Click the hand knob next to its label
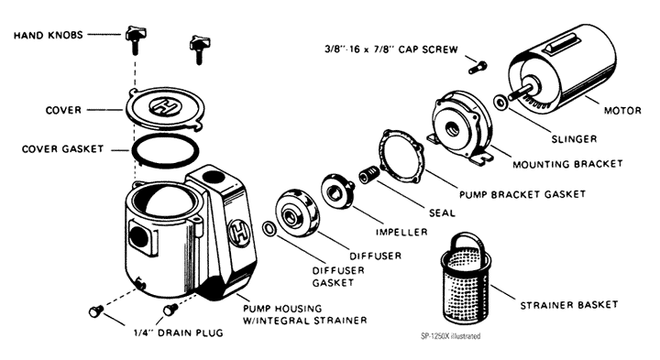(136, 38)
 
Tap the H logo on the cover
(165, 105)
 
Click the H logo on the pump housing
(238, 233)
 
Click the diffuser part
(297, 214)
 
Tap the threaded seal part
(369, 175)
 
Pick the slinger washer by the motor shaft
(500, 104)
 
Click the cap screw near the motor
(478, 67)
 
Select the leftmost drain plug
(96, 311)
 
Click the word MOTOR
(622, 111)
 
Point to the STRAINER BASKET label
(569, 305)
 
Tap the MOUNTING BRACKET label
(567, 164)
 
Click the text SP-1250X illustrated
(450, 336)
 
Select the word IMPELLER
(401, 232)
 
